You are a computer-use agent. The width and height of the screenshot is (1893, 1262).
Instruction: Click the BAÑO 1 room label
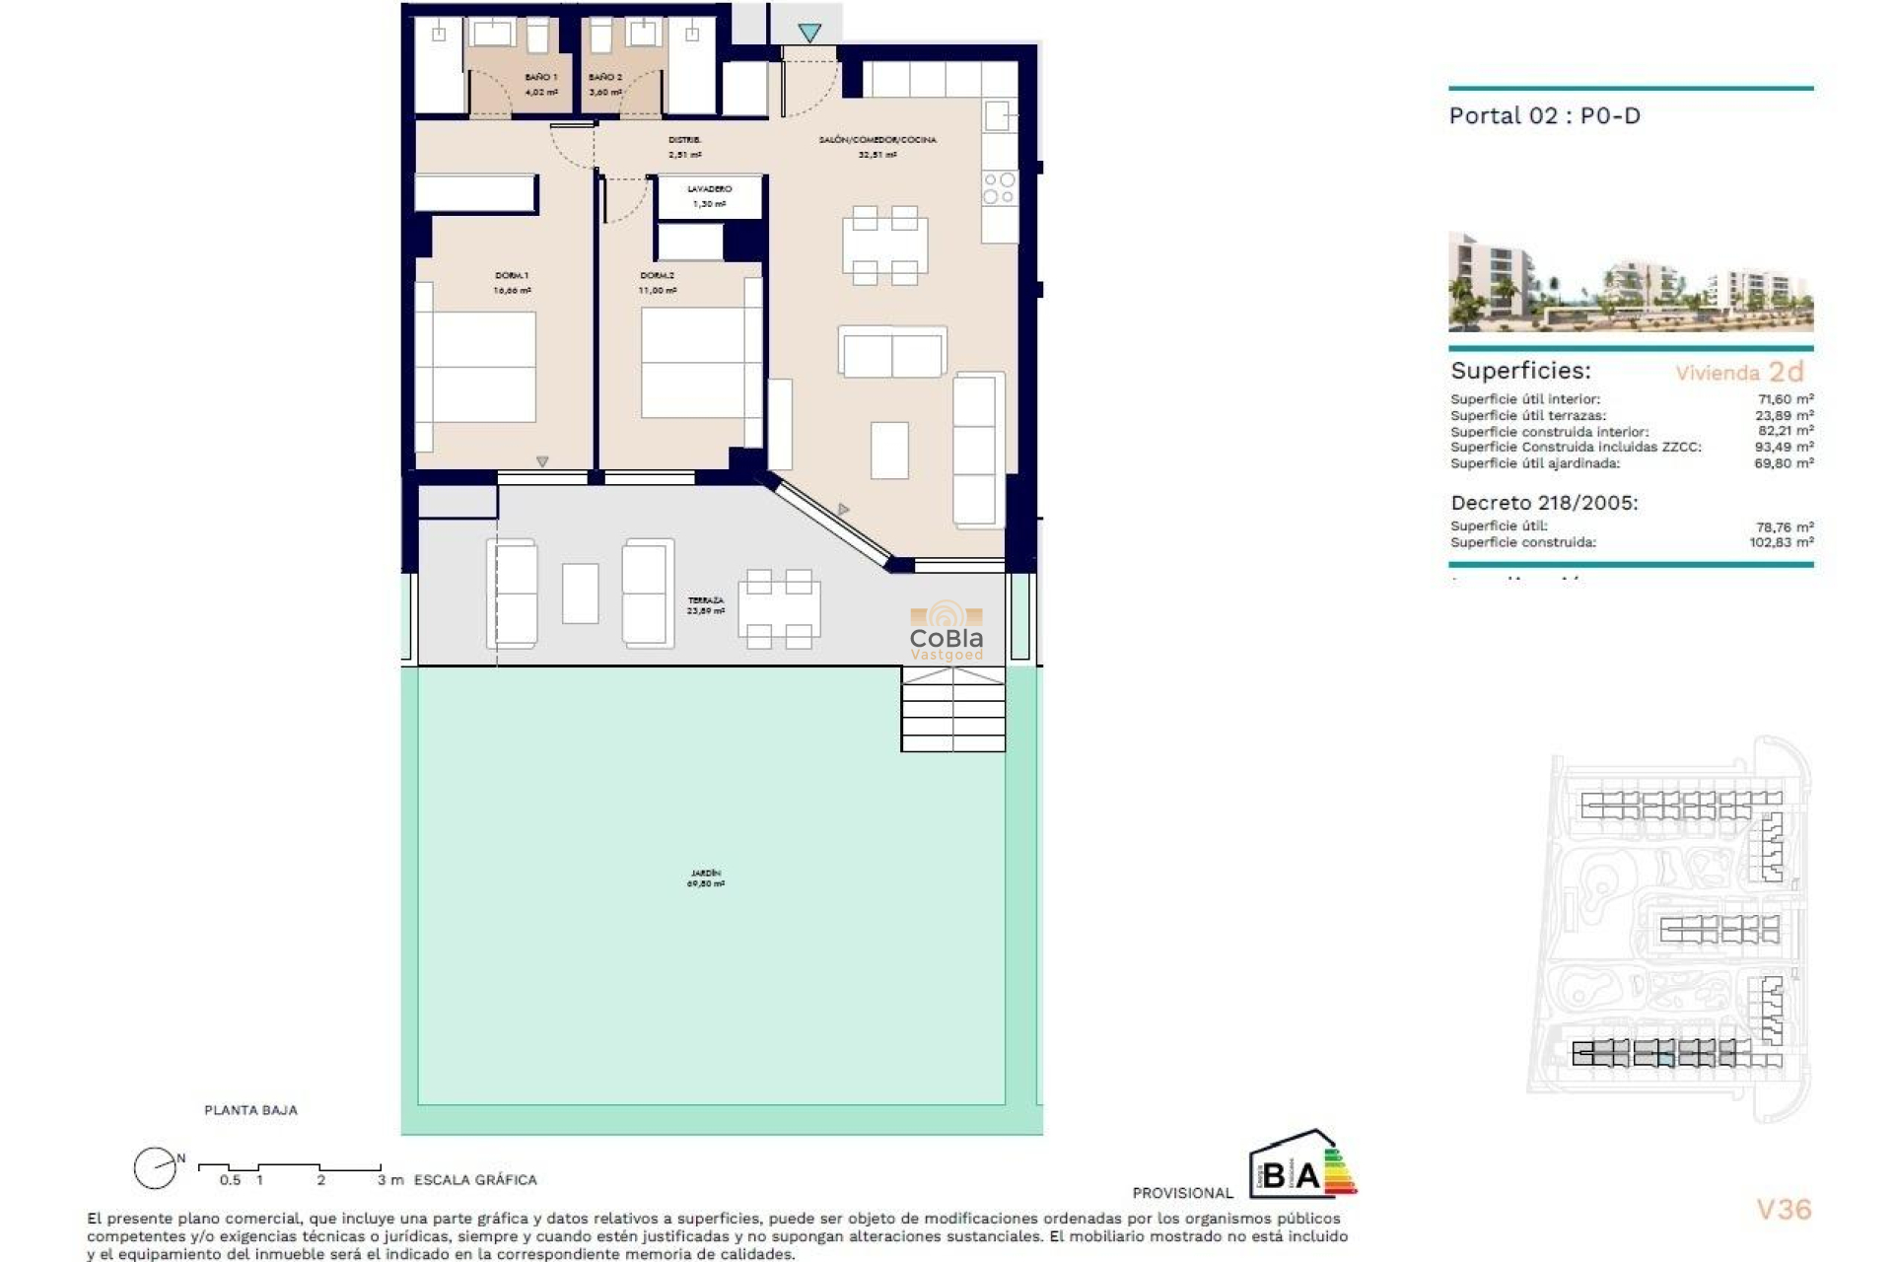pos(540,77)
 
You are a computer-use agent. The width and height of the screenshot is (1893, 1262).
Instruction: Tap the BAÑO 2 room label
pos(604,77)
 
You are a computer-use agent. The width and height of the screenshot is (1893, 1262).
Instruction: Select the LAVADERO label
pos(709,188)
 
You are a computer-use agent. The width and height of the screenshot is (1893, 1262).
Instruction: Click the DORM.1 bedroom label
pos(512,276)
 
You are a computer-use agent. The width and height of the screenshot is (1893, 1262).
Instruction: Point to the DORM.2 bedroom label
pos(657,276)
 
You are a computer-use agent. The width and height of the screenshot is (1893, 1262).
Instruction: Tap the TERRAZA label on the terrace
pos(705,600)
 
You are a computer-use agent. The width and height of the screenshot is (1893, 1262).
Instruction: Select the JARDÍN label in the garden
pos(705,874)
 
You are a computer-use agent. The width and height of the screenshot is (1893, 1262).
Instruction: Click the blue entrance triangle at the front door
pos(809,34)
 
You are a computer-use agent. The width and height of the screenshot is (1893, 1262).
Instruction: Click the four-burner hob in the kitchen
pos(999,188)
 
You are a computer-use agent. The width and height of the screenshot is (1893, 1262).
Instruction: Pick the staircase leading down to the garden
pos(952,710)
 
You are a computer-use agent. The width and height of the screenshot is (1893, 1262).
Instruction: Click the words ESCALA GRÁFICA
pos(475,1180)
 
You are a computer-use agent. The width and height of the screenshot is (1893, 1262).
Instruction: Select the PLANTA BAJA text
pos(250,1110)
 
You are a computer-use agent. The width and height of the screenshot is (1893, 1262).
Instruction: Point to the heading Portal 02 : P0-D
pos(1544,116)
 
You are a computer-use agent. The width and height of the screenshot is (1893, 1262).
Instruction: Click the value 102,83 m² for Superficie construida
pos(1781,542)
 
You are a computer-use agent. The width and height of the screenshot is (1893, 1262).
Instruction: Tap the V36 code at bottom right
pos(1784,1210)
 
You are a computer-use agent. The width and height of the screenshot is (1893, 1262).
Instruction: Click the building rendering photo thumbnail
pos(1630,282)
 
